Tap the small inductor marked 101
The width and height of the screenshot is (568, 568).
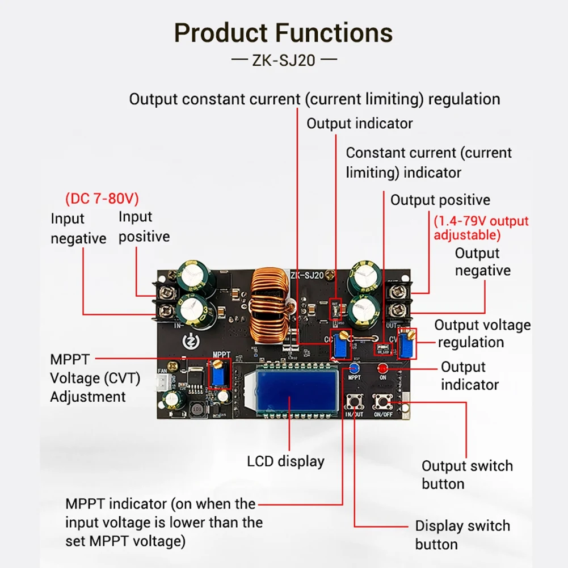pos(198,409)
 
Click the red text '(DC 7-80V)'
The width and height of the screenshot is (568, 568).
pos(102,199)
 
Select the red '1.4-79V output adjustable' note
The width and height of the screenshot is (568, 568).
pos(481,228)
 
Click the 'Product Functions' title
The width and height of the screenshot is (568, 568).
pos(283,33)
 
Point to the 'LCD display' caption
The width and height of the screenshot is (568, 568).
pos(285,461)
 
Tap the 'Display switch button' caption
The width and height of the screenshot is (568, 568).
pos(462,535)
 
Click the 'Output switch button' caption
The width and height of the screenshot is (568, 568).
pos(466,475)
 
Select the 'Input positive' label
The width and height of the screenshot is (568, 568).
pos(144,226)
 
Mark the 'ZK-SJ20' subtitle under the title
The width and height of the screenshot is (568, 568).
pos(283,60)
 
